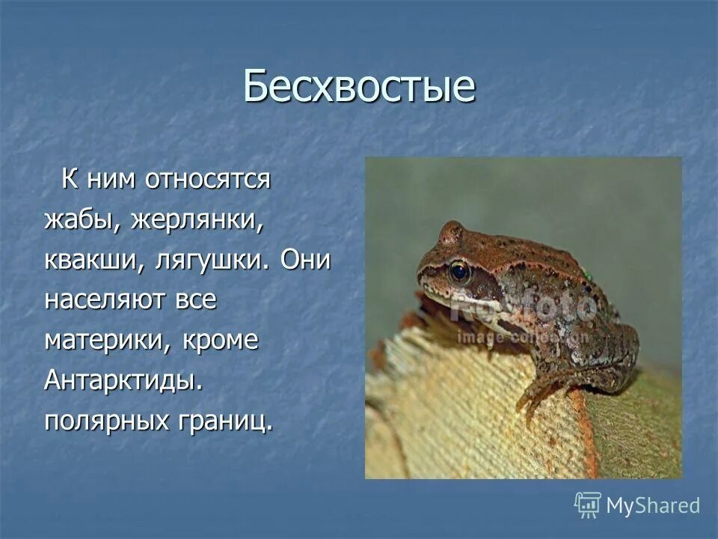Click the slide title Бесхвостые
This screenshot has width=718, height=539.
pyautogui.click(x=359, y=86)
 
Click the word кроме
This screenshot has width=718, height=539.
pyautogui.click(x=219, y=341)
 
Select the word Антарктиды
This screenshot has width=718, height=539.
pyautogui.click(x=123, y=380)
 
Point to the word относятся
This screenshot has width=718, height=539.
pyautogui.click(x=207, y=180)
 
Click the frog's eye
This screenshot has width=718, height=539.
pyautogui.click(x=459, y=270)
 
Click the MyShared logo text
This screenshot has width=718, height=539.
pyautogui.click(x=653, y=505)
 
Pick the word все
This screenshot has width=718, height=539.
pyautogui.click(x=196, y=300)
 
